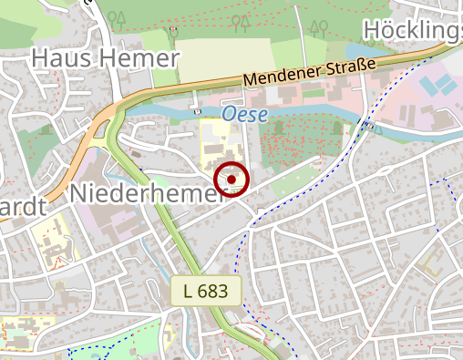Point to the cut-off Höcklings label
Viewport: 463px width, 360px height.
[x=413, y=30]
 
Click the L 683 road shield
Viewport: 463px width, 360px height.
[x=205, y=292]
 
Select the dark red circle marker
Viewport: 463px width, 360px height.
[x=232, y=180]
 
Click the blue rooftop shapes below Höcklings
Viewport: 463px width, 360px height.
[x=440, y=86]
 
